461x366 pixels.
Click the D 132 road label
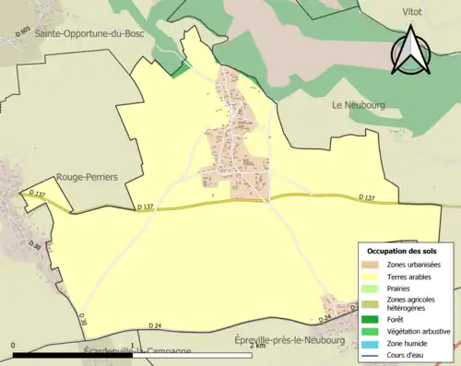(x=37, y=194)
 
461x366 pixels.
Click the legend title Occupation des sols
(x=404, y=251)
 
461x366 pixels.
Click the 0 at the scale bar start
(x=13, y=346)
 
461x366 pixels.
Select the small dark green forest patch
(x=181, y=69)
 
